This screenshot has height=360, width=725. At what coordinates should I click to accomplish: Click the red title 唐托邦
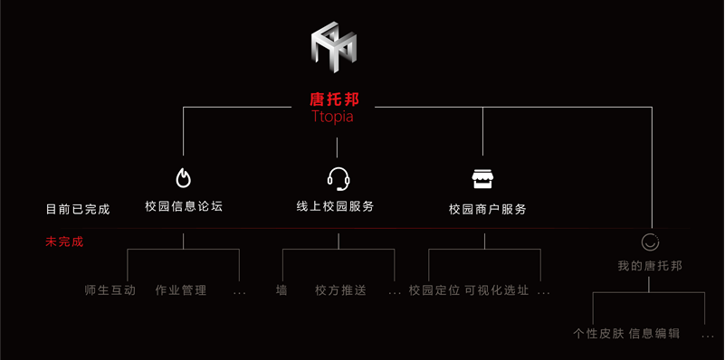(x=334, y=99)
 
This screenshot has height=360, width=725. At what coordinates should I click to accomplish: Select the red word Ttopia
(x=332, y=118)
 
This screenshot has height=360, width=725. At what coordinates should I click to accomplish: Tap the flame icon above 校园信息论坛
(x=183, y=177)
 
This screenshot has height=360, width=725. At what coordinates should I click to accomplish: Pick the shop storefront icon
(x=484, y=178)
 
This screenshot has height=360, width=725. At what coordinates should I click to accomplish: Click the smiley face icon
(x=650, y=242)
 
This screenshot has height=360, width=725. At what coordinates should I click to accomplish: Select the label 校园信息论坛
(x=184, y=206)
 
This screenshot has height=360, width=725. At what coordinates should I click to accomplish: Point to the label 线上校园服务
(x=335, y=206)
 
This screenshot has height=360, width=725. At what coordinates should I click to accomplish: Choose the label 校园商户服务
(x=487, y=209)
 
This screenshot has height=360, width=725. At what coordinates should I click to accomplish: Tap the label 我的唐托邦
(x=650, y=266)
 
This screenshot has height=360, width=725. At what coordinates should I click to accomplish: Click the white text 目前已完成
(x=78, y=209)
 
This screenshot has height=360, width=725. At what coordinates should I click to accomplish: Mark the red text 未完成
(x=64, y=242)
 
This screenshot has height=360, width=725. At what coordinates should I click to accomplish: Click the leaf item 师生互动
(x=110, y=290)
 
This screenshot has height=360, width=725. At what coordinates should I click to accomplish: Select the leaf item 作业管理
(x=181, y=290)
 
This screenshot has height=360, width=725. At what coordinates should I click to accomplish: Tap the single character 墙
(x=281, y=290)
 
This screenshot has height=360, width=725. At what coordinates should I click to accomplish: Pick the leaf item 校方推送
(x=341, y=290)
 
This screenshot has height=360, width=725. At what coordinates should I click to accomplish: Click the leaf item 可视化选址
(x=497, y=290)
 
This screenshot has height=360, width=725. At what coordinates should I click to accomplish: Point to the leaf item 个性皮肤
(x=598, y=333)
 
